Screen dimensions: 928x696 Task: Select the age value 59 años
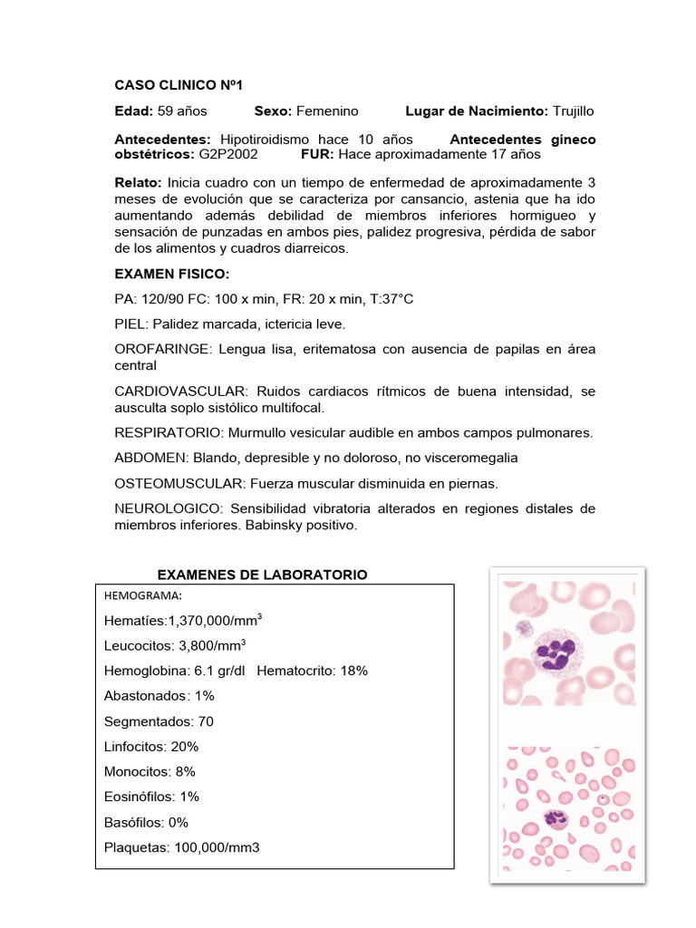tap(182, 111)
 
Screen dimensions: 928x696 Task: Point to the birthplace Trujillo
tap(574, 111)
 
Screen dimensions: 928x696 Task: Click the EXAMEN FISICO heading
tap(172, 273)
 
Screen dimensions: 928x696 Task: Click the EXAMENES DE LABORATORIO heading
tap(262, 575)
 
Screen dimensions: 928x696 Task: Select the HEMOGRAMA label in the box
tap(143, 595)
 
